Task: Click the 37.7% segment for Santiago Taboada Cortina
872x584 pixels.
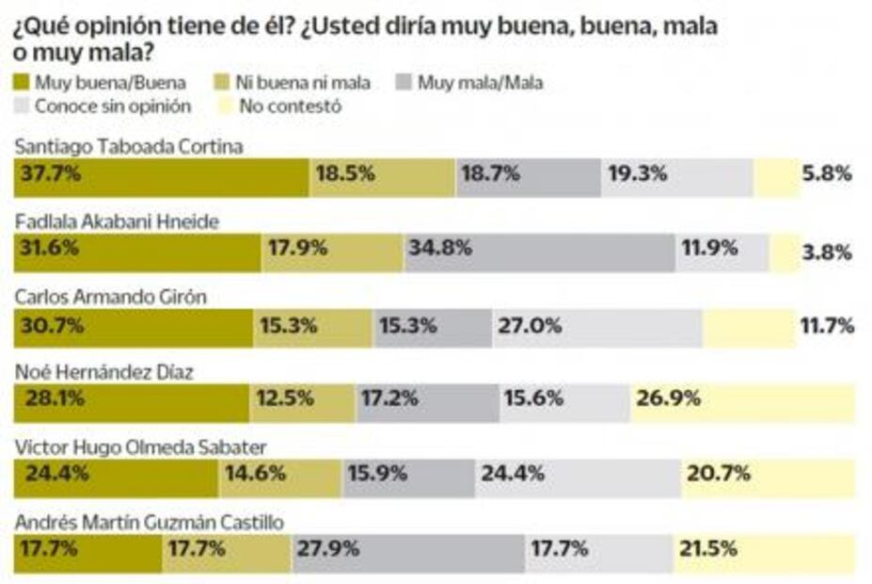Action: (161, 177)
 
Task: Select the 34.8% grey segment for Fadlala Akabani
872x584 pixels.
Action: (539, 252)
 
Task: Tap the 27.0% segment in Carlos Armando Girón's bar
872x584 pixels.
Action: (596, 328)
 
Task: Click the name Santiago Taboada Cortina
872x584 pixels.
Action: (129, 147)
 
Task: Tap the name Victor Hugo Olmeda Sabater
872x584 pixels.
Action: (140, 446)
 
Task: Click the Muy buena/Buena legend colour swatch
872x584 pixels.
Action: (22, 83)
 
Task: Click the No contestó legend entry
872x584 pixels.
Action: (278, 105)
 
